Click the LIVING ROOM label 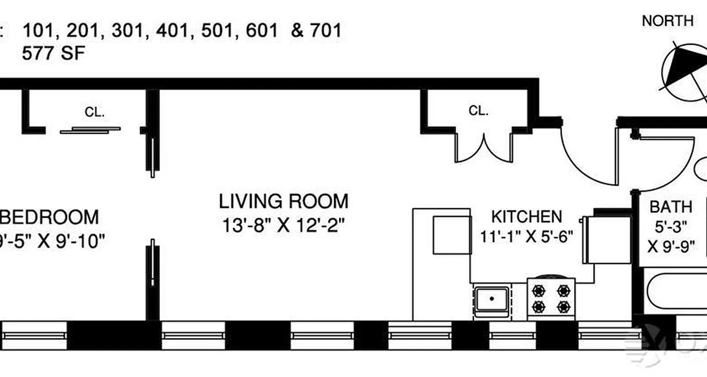[283, 201]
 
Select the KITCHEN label [526, 217]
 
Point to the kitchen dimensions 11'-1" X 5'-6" [526, 236]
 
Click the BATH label [671, 206]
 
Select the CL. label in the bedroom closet [95, 112]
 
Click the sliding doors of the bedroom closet [90, 130]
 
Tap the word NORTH [668, 21]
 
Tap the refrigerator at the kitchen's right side [607, 240]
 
